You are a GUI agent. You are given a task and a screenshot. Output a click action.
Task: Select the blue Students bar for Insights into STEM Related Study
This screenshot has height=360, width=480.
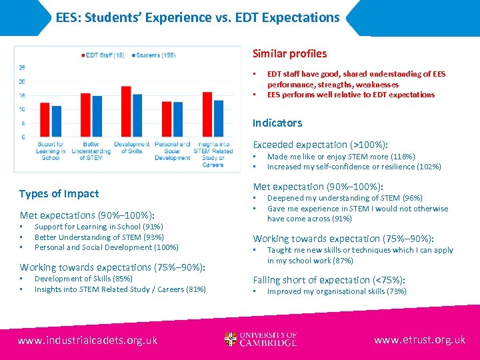218,119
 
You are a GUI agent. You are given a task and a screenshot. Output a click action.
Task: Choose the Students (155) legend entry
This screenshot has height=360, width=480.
154,55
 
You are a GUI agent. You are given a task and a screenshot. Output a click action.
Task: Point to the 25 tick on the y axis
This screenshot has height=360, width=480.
22,68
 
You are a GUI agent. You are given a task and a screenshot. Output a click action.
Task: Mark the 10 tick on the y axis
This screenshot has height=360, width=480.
22,109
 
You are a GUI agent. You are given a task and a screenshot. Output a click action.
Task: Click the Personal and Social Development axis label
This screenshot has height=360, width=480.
173,151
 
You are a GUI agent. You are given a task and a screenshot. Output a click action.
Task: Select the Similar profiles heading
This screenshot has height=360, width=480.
289,53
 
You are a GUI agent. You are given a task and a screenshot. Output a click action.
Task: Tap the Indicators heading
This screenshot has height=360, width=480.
277,123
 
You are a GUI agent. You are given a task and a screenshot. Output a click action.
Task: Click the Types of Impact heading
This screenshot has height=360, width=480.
59,194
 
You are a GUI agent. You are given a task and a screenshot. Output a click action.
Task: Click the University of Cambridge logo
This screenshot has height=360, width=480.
261,339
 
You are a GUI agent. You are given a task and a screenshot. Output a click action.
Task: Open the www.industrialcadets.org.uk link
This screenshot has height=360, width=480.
87,340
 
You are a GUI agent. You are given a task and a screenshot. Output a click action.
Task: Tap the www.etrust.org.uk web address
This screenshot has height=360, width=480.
419,340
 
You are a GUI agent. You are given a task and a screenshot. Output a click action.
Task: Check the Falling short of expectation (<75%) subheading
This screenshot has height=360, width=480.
329,280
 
